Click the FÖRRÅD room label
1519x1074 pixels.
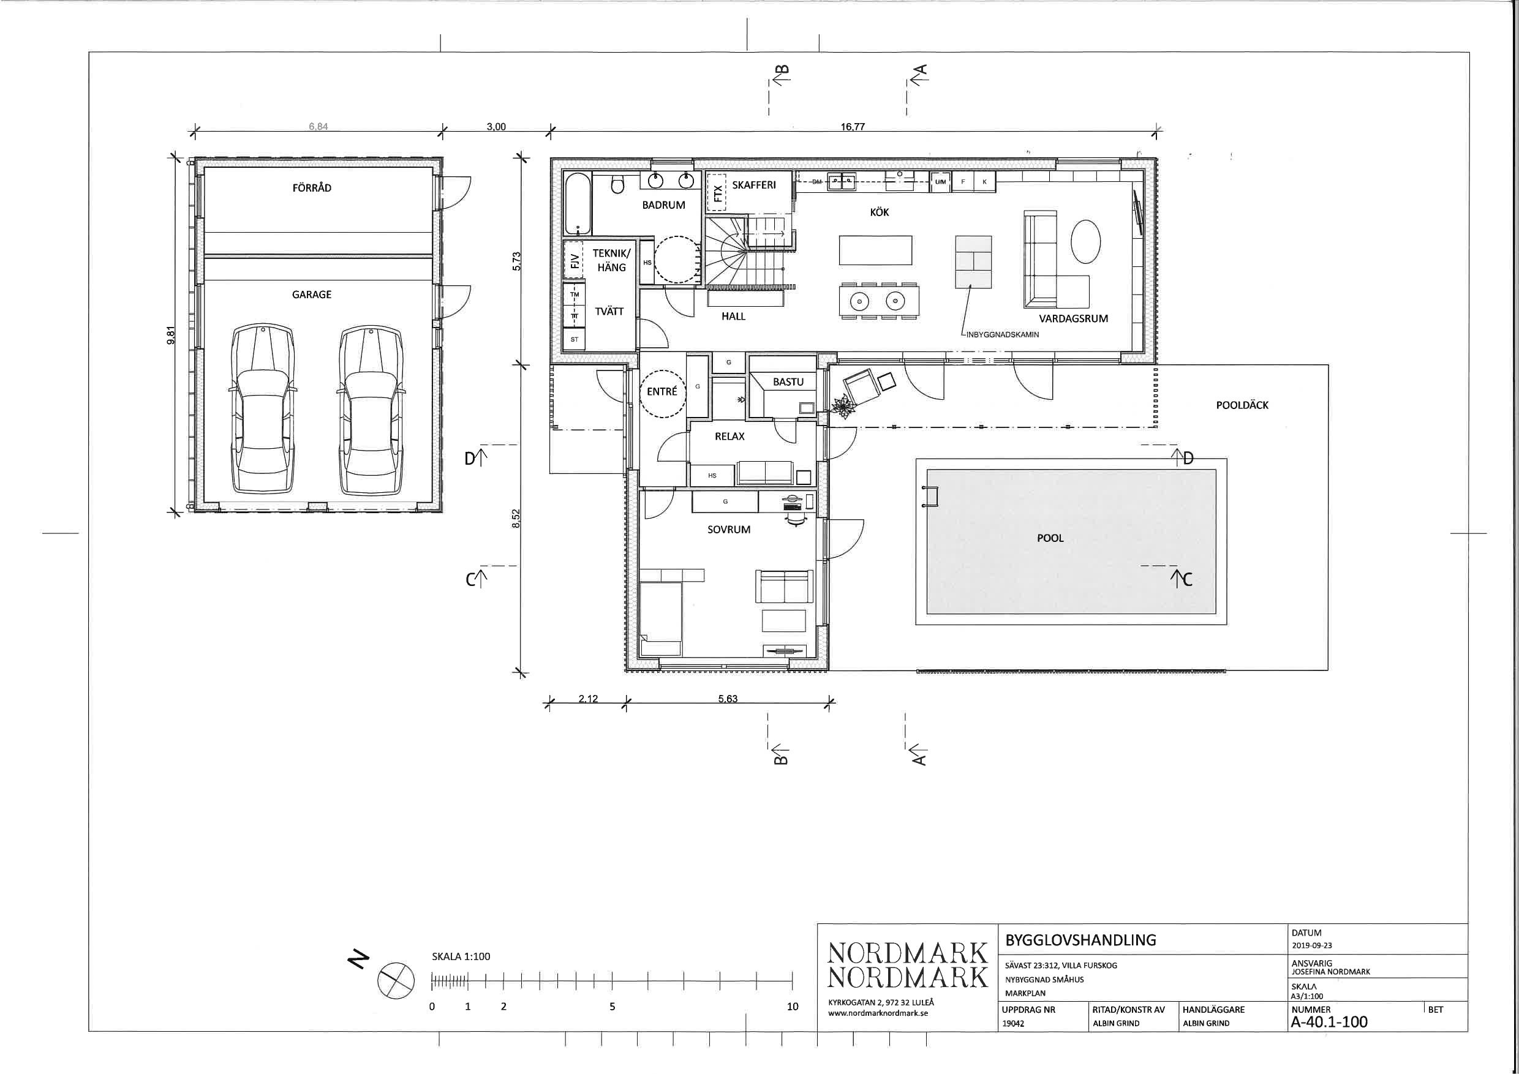312,188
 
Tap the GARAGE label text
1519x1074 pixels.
312,295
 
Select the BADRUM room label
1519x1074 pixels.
663,205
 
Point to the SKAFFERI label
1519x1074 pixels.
753,184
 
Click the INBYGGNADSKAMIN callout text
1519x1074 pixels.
1002,335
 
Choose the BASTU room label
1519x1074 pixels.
788,381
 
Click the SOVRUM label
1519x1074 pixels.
728,530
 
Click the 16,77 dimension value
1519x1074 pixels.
853,126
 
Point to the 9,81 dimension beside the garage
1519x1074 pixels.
171,336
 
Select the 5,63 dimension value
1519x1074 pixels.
728,699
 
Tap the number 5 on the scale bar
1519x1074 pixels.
612,1007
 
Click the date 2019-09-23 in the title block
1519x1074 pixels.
1311,945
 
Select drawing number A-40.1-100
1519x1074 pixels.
1329,1022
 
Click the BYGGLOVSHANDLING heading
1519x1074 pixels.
1081,940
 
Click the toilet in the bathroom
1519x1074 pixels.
617,184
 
